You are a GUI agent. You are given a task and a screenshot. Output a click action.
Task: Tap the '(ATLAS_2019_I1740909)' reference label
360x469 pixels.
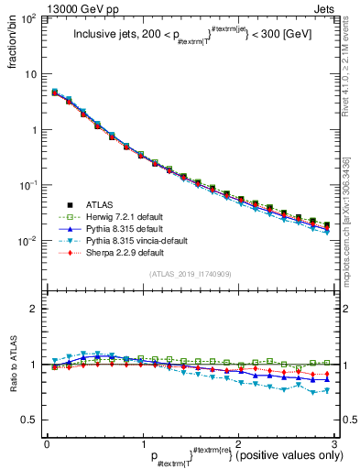point(191,273)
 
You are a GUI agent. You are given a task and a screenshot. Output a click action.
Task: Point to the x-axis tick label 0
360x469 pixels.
point(47,442)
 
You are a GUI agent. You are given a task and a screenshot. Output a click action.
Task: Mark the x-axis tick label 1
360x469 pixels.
point(142,442)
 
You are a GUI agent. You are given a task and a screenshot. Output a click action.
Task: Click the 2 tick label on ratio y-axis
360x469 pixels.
point(33,309)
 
